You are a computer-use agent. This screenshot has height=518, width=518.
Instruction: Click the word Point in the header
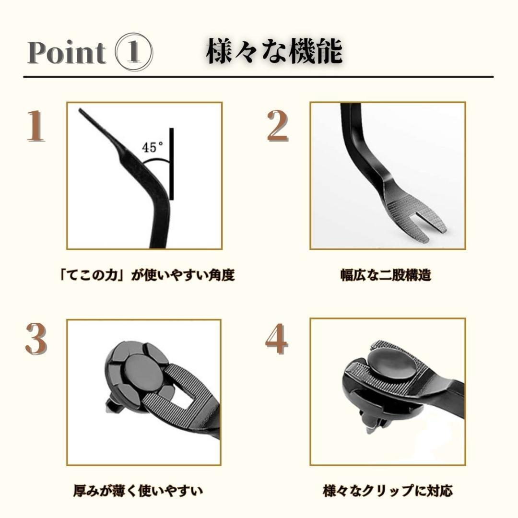[x=66, y=52]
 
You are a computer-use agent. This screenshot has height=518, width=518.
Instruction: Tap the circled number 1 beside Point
[x=134, y=52]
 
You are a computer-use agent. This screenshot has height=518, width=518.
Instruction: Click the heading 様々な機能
[x=274, y=52]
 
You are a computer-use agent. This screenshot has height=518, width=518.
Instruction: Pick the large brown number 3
[x=35, y=340]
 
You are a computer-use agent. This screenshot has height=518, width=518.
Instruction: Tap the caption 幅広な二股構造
[x=386, y=275]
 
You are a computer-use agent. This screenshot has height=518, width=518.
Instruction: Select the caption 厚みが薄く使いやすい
[x=138, y=491]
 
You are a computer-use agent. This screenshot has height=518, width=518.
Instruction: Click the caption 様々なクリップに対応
[x=388, y=491]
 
